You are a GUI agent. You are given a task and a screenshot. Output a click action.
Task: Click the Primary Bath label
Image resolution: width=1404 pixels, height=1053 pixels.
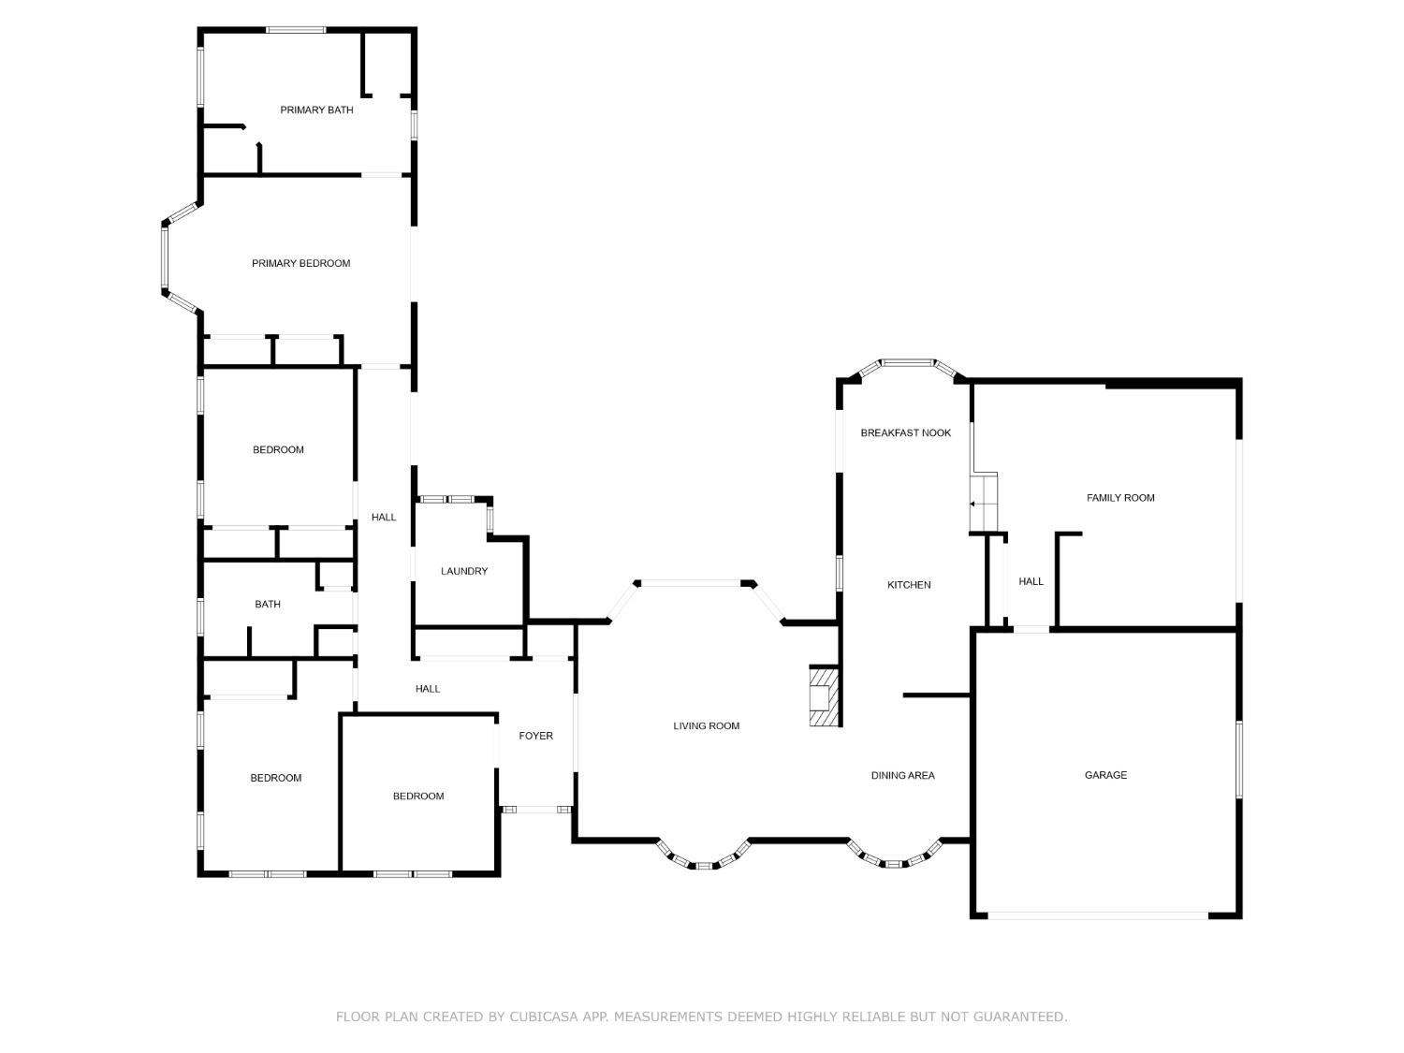click(x=316, y=110)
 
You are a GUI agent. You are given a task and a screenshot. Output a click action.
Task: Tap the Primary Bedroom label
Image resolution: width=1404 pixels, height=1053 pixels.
click(x=300, y=263)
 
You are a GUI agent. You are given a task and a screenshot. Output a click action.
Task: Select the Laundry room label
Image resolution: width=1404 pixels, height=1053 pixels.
click(x=463, y=571)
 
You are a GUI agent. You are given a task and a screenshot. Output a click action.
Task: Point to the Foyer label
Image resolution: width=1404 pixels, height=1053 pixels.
click(x=535, y=736)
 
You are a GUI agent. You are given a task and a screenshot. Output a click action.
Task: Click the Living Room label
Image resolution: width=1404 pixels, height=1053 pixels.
click(x=706, y=725)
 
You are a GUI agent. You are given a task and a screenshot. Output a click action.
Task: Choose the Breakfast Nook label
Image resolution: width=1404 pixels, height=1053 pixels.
click(x=906, y=432)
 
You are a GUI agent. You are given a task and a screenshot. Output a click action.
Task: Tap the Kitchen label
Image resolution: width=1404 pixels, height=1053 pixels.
click(x=909, y=584)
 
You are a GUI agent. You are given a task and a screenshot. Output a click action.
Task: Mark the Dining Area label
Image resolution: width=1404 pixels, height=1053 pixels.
click(x=902, y=776)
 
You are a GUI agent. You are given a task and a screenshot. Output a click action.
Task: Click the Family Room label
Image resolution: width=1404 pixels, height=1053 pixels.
click(x=1120, y=497)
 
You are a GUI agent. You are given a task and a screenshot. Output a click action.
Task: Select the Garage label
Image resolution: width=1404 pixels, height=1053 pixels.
click(x=1106, y=775)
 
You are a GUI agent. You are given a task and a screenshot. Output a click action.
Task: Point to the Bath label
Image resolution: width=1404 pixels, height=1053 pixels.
click(x=268, y=604)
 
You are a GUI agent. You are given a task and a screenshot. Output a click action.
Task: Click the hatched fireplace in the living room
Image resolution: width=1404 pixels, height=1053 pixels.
click(x=825, y=696)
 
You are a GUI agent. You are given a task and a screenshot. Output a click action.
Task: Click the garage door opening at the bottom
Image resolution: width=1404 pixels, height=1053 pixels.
click(x=1098, y=915)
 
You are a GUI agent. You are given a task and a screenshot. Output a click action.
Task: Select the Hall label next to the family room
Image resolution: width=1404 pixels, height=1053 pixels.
click(x=1031, y=581)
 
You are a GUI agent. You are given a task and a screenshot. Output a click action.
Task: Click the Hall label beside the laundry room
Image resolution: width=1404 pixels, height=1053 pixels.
click(x=384, y=518)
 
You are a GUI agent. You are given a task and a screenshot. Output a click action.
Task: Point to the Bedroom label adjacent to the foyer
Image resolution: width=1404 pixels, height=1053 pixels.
click(x=418, y=796)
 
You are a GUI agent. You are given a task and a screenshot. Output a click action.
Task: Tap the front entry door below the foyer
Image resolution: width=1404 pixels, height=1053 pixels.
click(x=536, y=810)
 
